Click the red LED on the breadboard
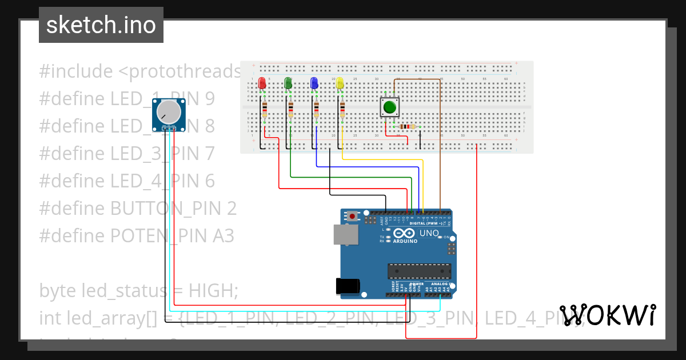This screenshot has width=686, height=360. pyautogui.click(x=262, y=83)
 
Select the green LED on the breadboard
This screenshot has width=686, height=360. pyautogui.click(x=288, y=83)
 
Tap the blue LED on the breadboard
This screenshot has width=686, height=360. pyautogui.click(x=314, y=83)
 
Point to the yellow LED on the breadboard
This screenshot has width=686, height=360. pyautogui.click(x=340, y=83)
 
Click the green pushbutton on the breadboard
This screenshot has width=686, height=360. pyautogui.click(x=390, y=107)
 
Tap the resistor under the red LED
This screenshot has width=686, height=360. pyautogui.click(x=264, y=109)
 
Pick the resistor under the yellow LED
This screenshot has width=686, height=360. pyautogui.click(x=342, y=109)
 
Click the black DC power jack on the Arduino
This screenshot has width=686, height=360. pyautogui.click(x=348, y=286)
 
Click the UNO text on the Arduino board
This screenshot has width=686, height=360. pyautogui.click(x=429, y=233)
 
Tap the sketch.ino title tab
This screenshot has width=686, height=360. pyautogui.click(x=101, y=25)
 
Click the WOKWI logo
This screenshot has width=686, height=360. pyautogui.click(x=607, y=315)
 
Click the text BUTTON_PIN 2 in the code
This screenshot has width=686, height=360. pyautogui.click(x=173, y=208)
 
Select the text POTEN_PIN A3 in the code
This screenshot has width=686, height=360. pyautogui.click(x=172, y=235)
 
